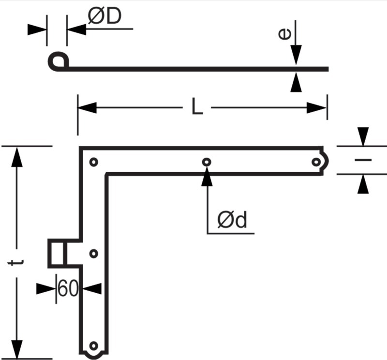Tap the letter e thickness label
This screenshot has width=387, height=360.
[284, 34]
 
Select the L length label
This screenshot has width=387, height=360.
[197, 106]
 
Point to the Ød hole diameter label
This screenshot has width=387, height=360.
[232, 219]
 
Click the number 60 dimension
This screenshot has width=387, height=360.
[68, 288]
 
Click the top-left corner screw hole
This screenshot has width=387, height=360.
[93, 162]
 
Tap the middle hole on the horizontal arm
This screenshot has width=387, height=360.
[207, 162]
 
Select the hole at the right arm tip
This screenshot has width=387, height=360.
[316, 162]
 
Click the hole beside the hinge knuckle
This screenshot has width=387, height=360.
[93, 254]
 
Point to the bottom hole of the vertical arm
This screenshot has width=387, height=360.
[93, 345]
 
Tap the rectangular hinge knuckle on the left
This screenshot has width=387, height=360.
[57, 254]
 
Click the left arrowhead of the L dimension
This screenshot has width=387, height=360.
[87, 107]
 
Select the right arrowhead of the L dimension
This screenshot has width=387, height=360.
[317, 108]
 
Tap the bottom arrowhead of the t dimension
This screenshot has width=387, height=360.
[17, 349]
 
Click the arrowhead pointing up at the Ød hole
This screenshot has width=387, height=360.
[207, 177]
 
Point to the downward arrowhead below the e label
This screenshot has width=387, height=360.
[296, 55]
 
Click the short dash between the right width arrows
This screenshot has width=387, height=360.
[363, 160]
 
